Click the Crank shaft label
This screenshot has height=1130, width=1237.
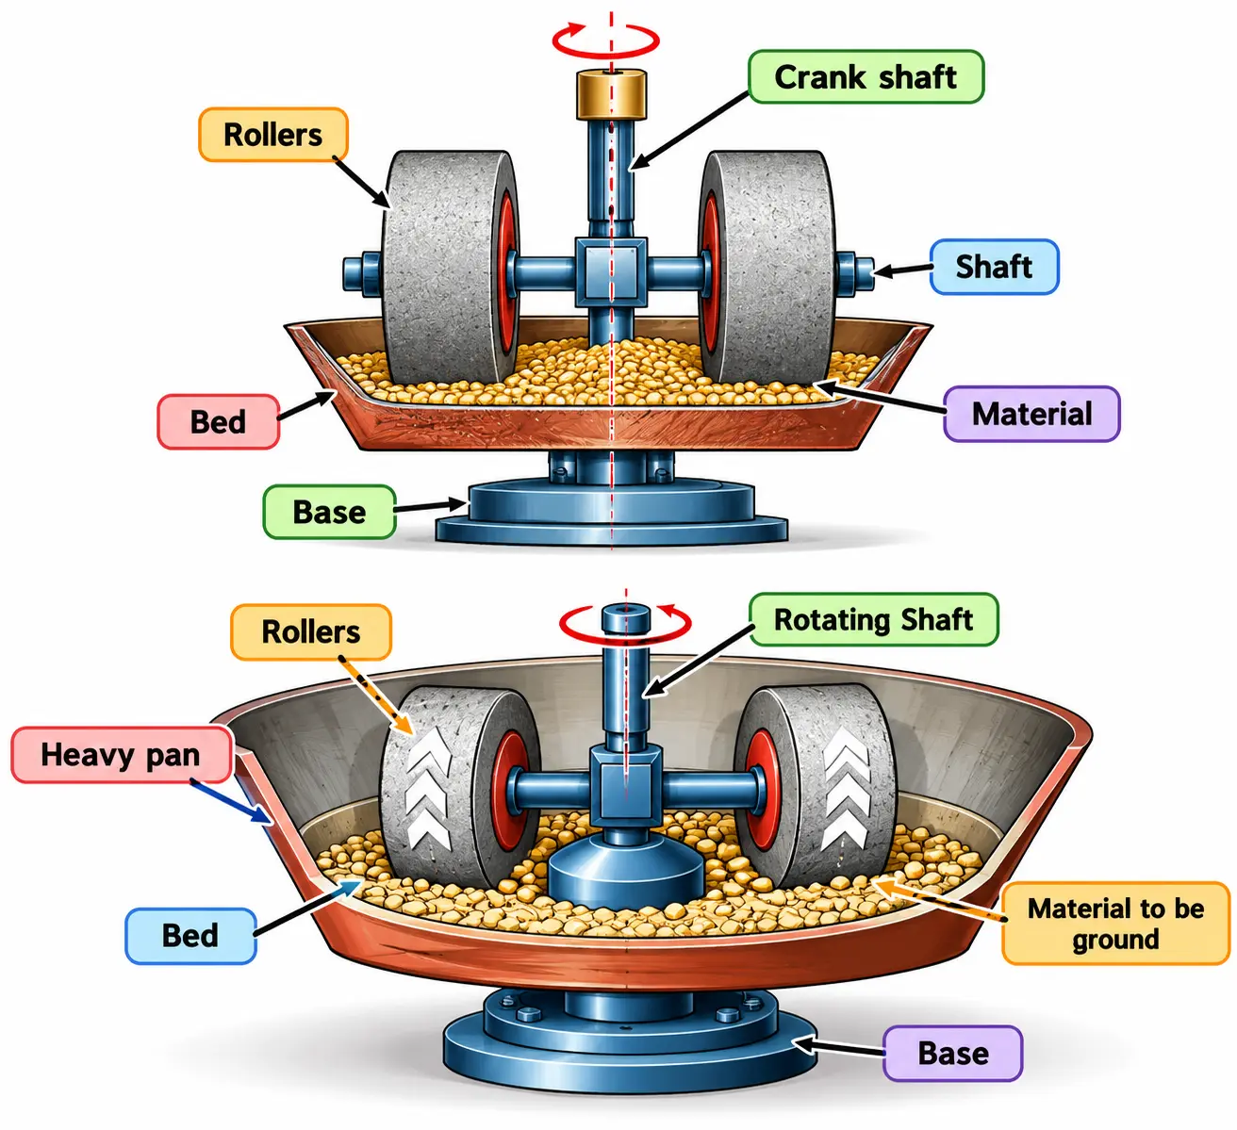(x=866, y=77)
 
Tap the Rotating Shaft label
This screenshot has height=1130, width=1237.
(x=873, y=619)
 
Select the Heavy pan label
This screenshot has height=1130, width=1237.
(x=121, y=755)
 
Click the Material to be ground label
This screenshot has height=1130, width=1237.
(x=1115, y=924)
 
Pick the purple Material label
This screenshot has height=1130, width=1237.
(x=1031, y=414)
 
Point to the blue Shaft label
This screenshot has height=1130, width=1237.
(x=994, y=267)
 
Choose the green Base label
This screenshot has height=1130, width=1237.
(x=329, y=512)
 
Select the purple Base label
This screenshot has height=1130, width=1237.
(x=952, y=1053)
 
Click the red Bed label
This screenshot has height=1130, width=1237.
(x=219, y=421)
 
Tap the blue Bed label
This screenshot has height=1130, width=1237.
(x=190, y=935)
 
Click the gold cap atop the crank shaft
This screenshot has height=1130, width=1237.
(x=611, y=94)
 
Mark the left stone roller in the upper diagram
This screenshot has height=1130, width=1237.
(x=450, y=267)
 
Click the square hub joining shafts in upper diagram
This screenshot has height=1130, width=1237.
(x=611, y=272)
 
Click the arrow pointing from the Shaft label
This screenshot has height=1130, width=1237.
(x=901, y=270)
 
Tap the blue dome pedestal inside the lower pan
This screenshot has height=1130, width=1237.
(x=627, y=873)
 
